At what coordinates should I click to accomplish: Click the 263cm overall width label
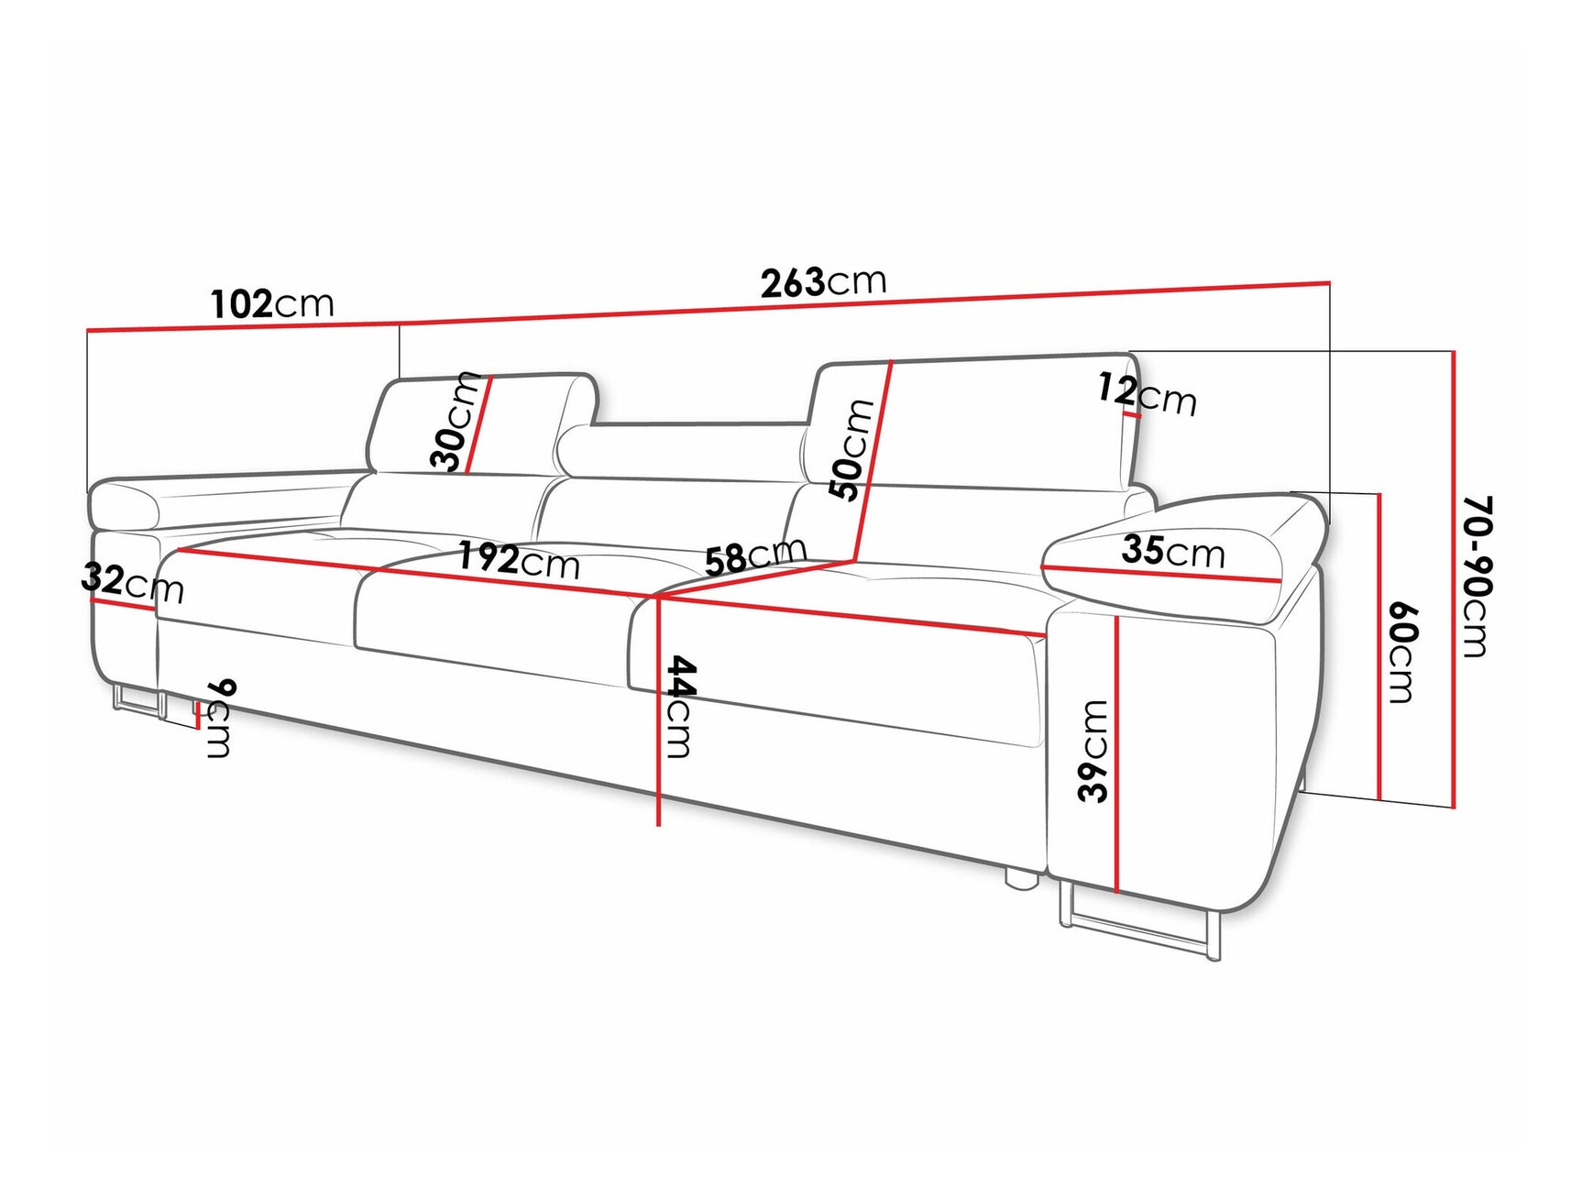click(823, 282)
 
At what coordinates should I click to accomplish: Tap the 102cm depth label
click(272, 303)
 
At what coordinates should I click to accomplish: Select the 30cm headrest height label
click(456, 423)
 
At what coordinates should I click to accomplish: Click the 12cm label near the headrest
click(1147, 394)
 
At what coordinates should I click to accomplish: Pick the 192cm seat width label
click(519, 559)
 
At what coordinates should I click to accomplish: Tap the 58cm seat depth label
click(755, 555)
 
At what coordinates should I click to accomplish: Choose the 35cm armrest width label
click(1172, 551)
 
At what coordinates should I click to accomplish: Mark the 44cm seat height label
click(678, 706)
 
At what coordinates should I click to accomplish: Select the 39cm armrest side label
click(1093, 751)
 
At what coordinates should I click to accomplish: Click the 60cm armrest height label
click(1401, 652)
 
